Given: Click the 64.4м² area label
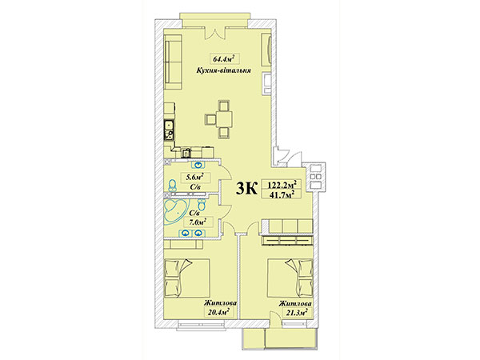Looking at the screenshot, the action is coord(224,58).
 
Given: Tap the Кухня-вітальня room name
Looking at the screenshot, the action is coord(224,70).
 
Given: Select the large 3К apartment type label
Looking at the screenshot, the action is coord(246,189).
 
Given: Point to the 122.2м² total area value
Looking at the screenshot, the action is coord(283,186).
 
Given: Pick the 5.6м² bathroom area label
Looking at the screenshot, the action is coord(194,177).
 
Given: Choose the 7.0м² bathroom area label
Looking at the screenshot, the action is coord(197,222).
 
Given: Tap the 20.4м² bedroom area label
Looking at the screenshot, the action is coord(217,312).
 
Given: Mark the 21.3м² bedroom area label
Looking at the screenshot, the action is coord(294,313).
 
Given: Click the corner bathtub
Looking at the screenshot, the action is coord(175,213).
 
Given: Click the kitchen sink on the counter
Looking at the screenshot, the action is coord(169,126).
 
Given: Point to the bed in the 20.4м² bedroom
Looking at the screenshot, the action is coord(186,278).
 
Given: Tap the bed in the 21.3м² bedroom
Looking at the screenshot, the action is coord(290,278).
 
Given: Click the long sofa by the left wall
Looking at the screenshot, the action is coord(174,62).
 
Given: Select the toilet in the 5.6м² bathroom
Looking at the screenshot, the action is coord(172,184).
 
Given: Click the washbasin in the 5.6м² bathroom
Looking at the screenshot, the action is coord(199,165).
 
